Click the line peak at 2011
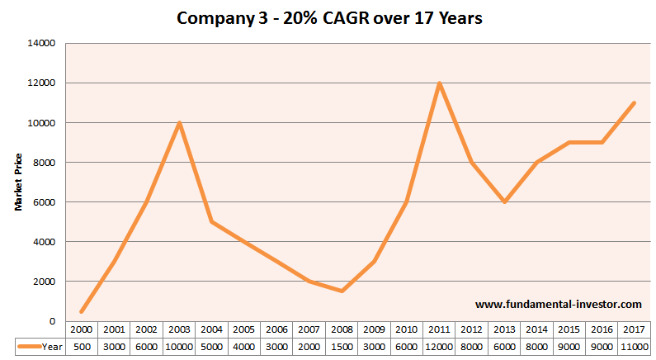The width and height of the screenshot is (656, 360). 438,83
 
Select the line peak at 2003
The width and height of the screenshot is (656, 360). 179,123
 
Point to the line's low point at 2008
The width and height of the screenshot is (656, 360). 341,291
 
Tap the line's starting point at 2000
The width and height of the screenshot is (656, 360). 82,311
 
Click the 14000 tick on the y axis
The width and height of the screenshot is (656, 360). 41,44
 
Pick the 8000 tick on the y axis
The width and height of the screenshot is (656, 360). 44,163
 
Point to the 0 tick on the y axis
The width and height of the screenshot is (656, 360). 52,321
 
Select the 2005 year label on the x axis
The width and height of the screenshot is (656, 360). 243,330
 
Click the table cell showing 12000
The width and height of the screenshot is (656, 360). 438,348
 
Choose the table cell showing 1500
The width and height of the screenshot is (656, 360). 341,348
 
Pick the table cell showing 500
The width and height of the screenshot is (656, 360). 82,348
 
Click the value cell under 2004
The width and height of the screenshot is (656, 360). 211,348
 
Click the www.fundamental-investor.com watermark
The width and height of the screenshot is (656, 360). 546,305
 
